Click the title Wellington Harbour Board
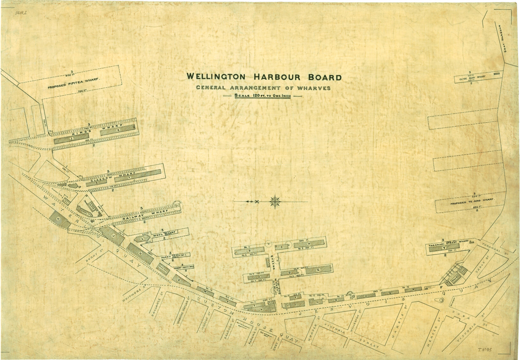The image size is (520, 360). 264,77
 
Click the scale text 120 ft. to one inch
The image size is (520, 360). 263,96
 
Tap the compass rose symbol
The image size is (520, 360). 275,201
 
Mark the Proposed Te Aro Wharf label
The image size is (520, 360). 472,203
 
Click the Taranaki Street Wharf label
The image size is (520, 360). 448,243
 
